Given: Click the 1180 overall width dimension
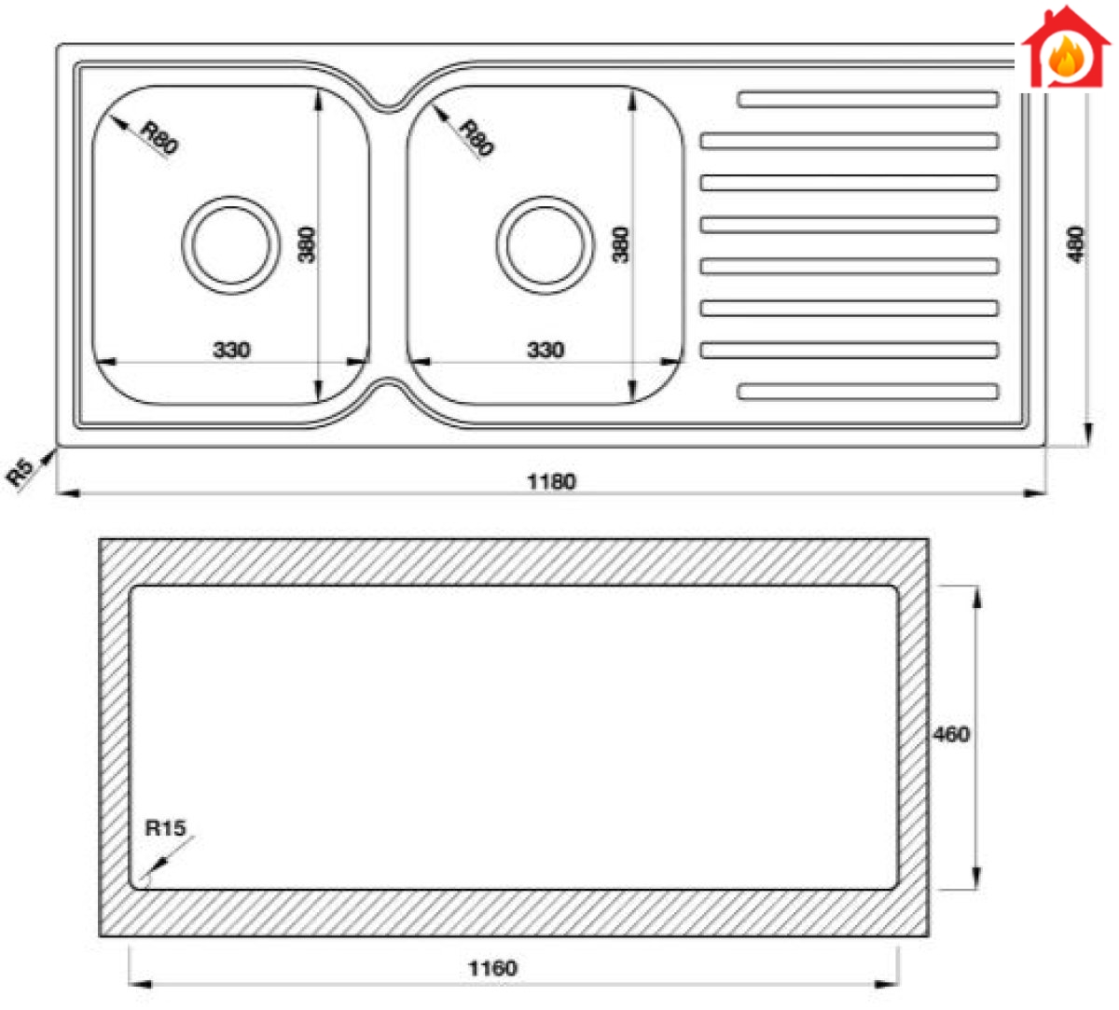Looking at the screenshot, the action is (x=551, y=481).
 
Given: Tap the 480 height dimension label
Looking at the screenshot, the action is (x=1075, y=243).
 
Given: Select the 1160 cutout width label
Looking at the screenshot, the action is (x=492, y=968).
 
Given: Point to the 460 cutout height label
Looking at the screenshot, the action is (x=951, y=734).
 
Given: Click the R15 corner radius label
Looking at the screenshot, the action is (x=165, y=827).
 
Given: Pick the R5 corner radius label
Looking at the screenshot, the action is (x=20, y=471).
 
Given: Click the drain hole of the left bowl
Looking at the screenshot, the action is (x=231, y=244).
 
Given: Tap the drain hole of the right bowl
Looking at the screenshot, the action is (x=545, y=244).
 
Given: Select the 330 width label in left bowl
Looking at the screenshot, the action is (x=231, y=350).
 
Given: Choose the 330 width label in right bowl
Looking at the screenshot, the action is (x=546, y=350).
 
